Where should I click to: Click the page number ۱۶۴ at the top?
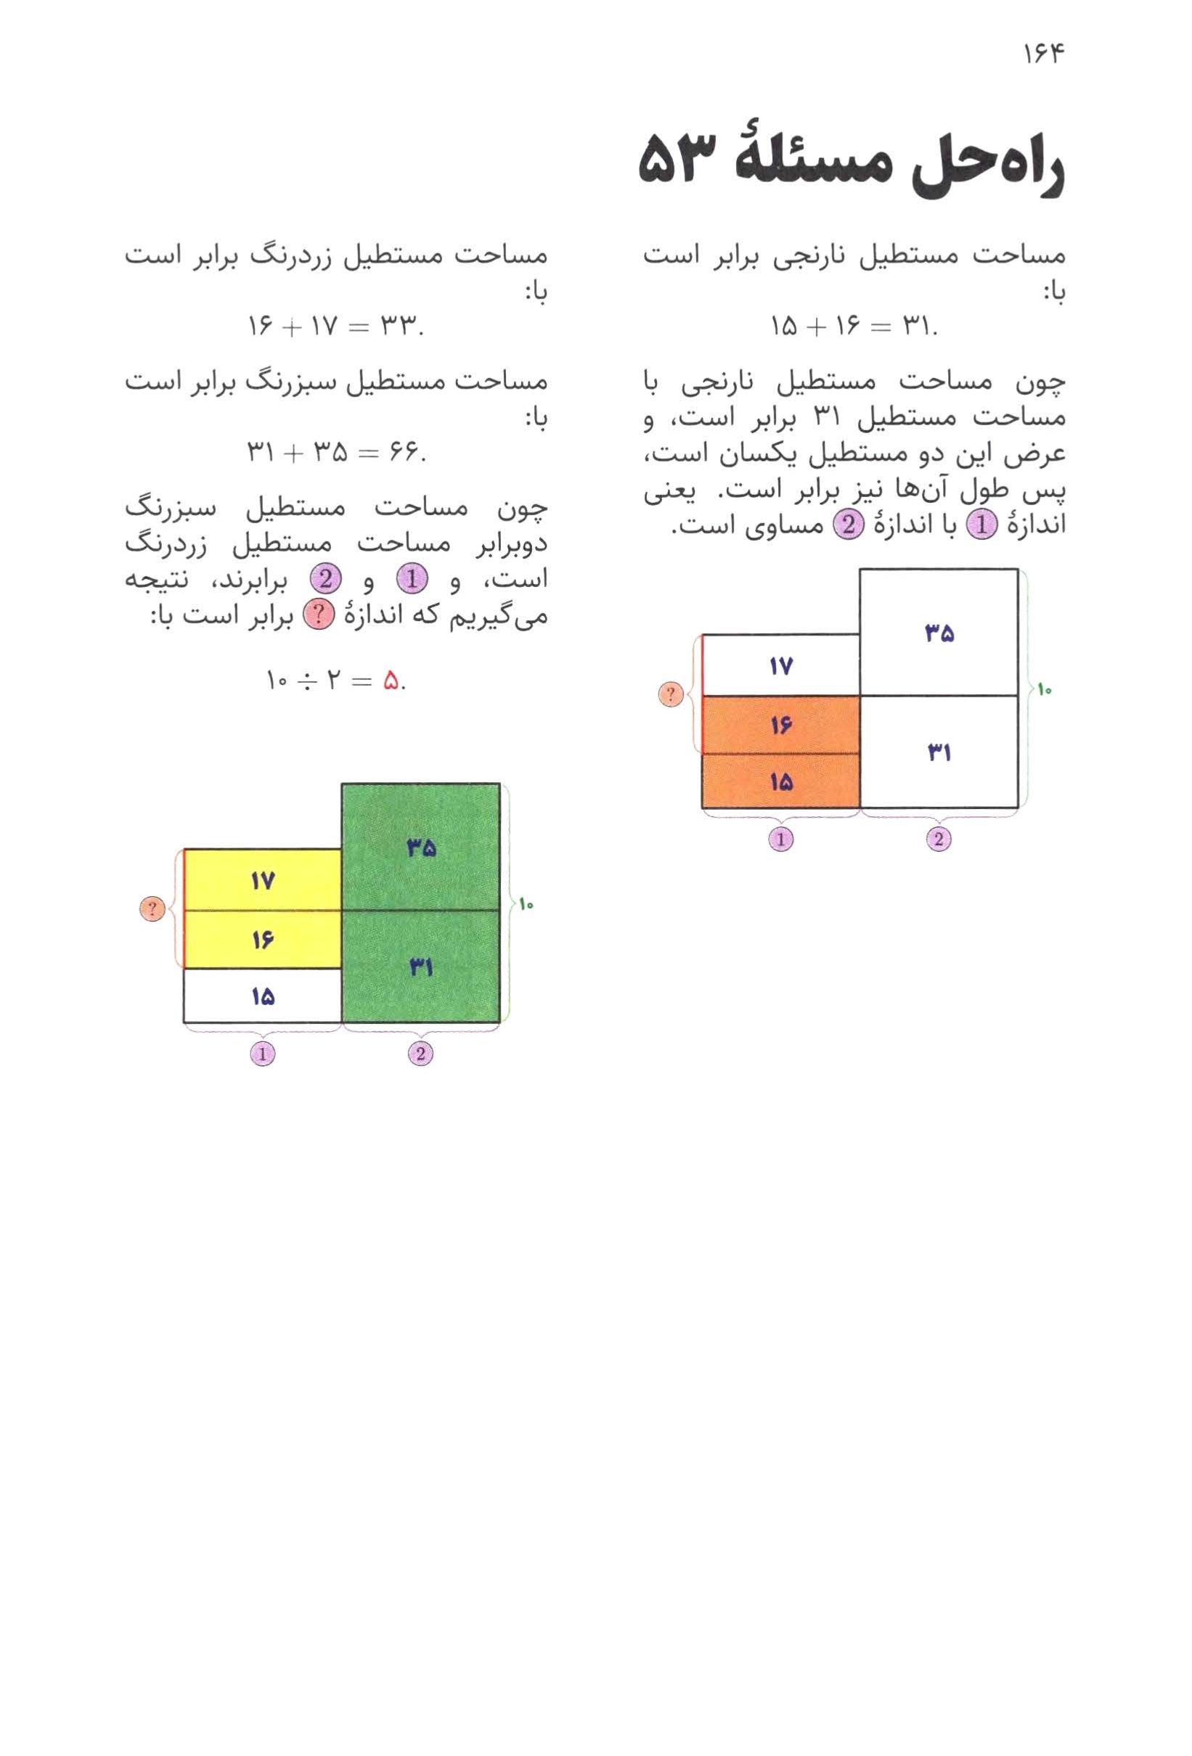[1043, 54]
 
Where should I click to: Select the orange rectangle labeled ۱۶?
[780, 725]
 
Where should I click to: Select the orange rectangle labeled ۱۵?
[780, 781]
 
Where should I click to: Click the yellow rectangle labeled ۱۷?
[262, 880]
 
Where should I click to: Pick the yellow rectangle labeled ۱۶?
[262, 939]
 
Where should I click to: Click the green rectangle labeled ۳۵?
[420, 848]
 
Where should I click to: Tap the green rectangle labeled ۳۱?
[420, 966]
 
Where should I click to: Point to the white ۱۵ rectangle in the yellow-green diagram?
[262, 996]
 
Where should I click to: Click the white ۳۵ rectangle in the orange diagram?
[938, 633]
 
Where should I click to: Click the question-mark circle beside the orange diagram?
[671, 694]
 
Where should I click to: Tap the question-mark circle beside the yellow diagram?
[152, 908]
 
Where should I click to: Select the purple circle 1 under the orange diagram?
[780, 839]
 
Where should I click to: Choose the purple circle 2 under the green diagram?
[420, 1054]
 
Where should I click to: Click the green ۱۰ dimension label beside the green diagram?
[526, 903]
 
